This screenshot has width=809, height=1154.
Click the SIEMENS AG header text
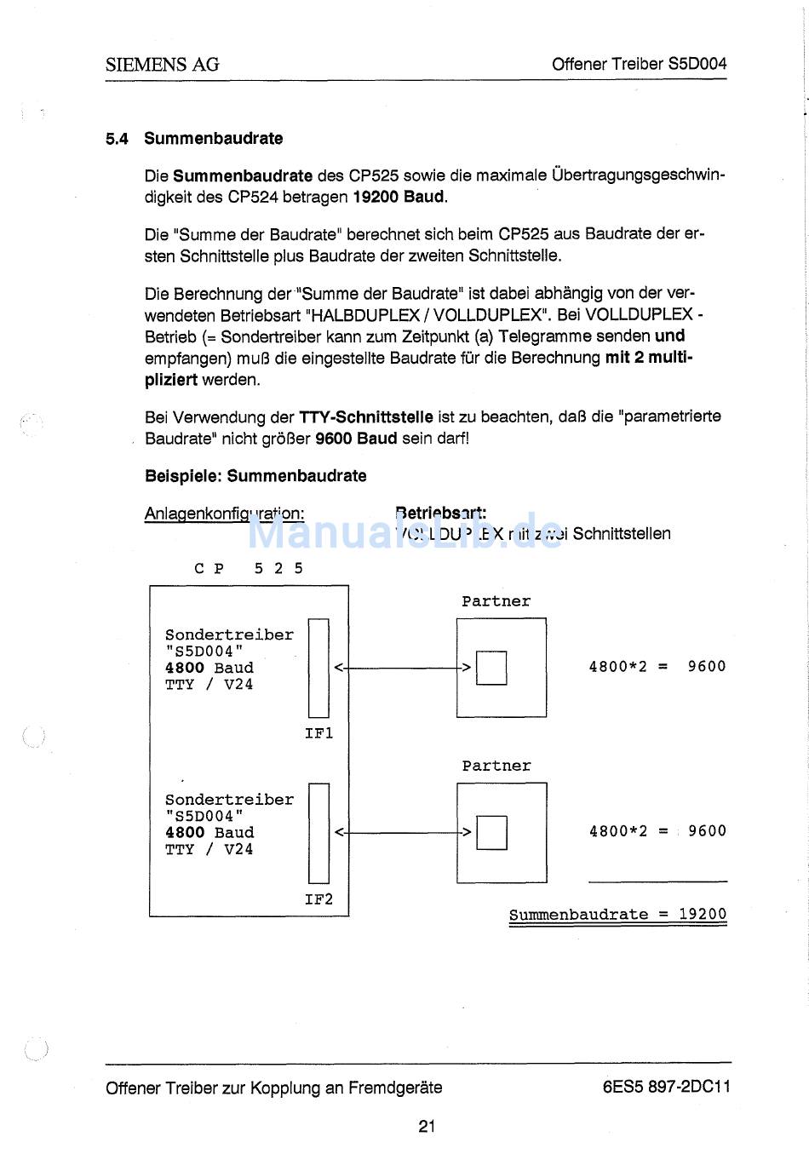click(x=162, y=64)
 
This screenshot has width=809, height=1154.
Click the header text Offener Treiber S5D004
click(x=639, y=64)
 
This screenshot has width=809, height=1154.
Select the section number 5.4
click(x=117, y=139)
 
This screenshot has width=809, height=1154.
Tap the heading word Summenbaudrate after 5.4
click(x=213, y=139)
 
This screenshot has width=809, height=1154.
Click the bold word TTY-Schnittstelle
click(x=366, y=416)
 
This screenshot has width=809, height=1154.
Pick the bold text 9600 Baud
click(x=356, y=439)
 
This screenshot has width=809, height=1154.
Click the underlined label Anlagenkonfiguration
click(x=224, y=514)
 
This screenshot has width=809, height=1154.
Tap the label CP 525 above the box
click(x=249, y=568)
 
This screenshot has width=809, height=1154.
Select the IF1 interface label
click(x=319, y=733)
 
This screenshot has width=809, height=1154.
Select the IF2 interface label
click(x=319, y=899)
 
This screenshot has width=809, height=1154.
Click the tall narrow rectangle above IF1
click(x=318, y=669)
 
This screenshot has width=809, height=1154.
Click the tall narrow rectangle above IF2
click(x=318, y=833)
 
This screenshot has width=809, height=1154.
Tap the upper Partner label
click(x=496, y=601)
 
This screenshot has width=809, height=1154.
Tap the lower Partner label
click(x=496, y=766)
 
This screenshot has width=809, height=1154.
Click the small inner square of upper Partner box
click(x=491, y=668)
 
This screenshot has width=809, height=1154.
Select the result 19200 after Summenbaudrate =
click(x=703, y=915)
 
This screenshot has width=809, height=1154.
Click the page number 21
click(x=427, y=1126)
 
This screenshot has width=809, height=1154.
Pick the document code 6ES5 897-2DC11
click(x=666, y=1087)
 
